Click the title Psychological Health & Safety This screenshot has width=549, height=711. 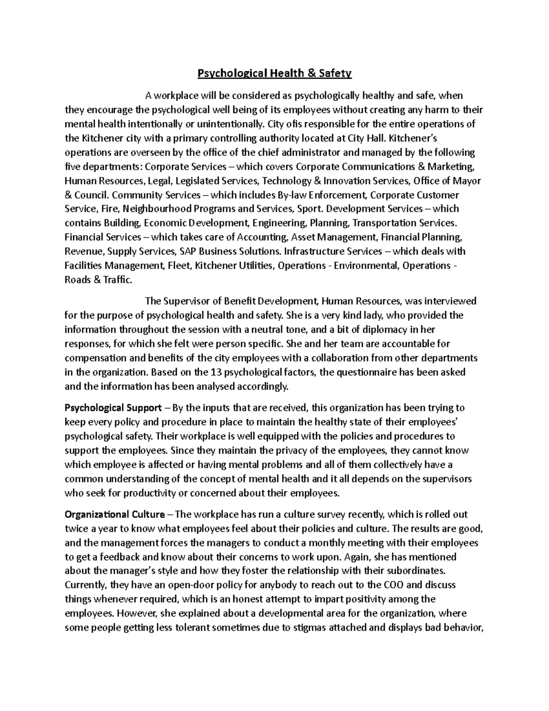tap(274, 73)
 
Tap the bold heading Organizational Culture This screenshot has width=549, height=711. tap(116, 515)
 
